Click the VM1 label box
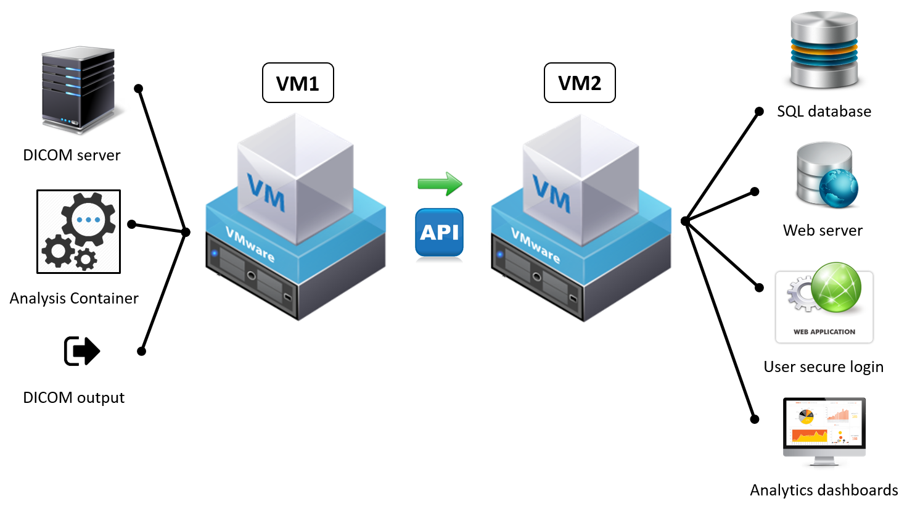pos(298,83)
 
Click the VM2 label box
pos(580,83)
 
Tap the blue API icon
pos(439,232)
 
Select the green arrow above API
pos(440,183)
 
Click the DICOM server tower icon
pos(78,89)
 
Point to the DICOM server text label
pos(72,155)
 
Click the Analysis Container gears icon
pos(78,231)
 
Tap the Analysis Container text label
pos(74,299)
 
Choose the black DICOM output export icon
pos(81,351)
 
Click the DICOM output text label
pos(73,398)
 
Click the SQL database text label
pos(824,112)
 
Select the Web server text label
pos(823,231)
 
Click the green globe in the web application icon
pos(836,287)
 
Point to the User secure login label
pos(823,367)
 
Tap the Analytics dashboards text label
pos(824,490)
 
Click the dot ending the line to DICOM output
pos(141,351)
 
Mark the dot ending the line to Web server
pos(754,192)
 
